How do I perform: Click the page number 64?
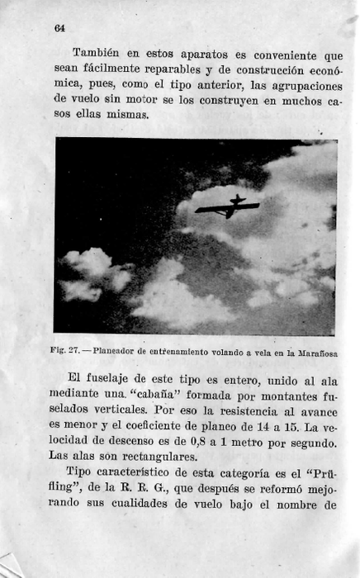coord(59,28)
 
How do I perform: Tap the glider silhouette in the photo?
coord(228,206)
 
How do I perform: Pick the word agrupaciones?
coord(300,85)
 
